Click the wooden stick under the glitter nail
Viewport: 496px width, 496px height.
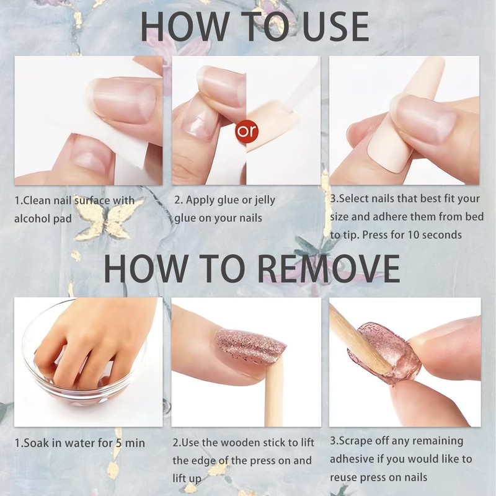273,397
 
